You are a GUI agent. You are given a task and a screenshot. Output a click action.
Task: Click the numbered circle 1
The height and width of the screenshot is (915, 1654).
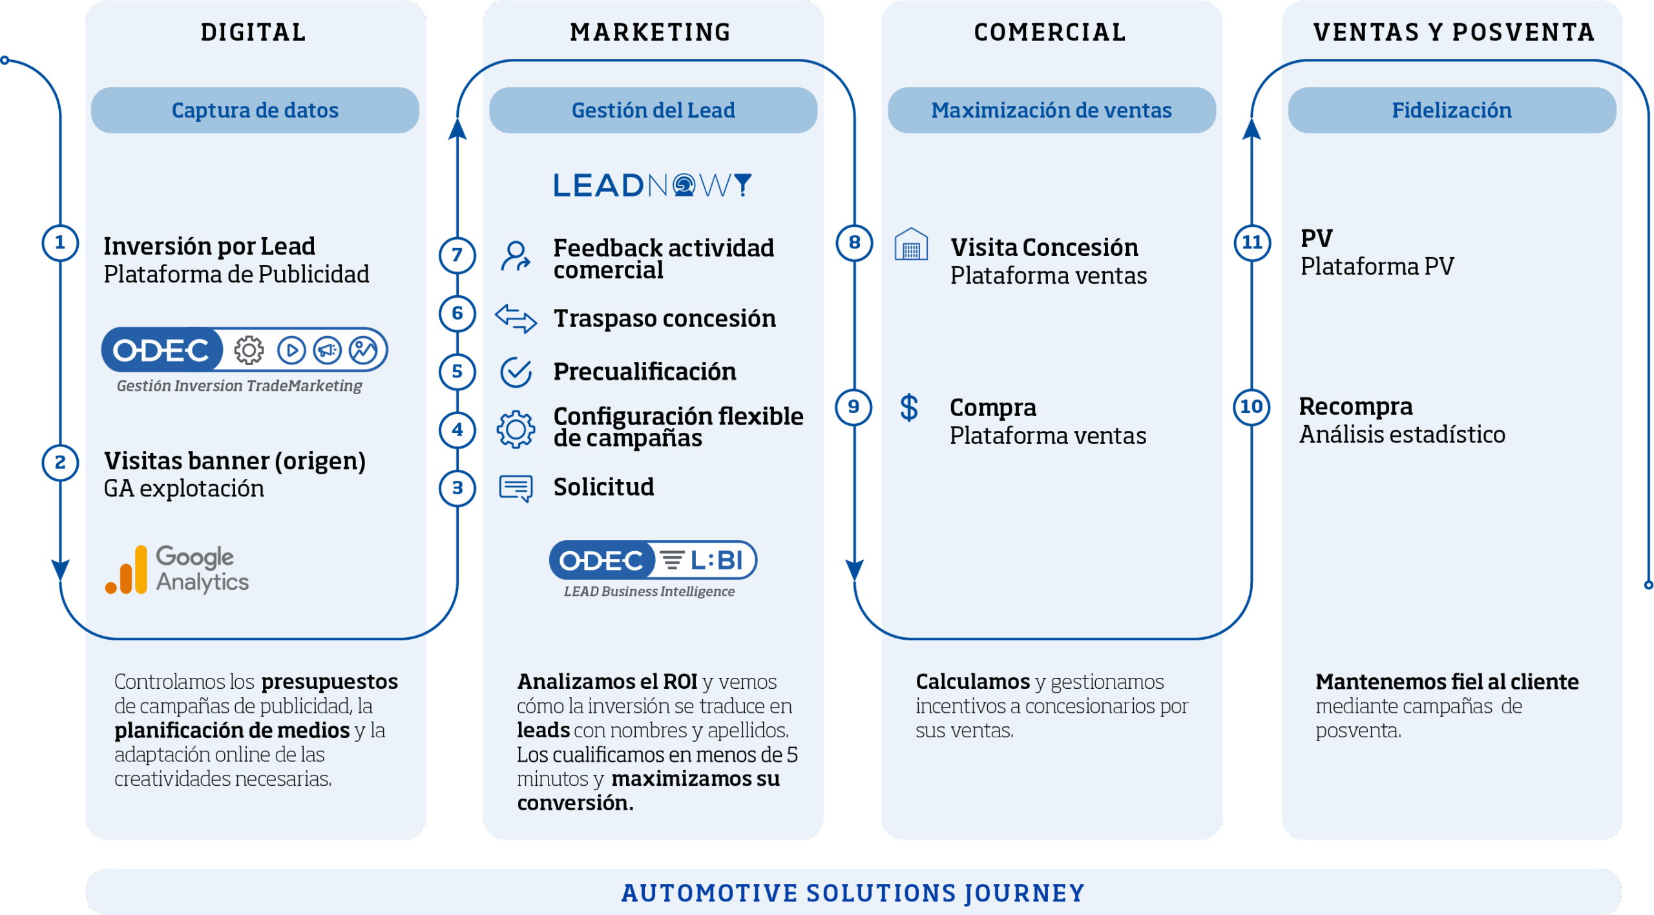point(60,243)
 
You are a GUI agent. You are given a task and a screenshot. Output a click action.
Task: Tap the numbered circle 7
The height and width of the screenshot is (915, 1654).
point(457,255)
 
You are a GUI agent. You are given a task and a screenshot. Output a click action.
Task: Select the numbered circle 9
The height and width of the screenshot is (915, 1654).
point(853,407)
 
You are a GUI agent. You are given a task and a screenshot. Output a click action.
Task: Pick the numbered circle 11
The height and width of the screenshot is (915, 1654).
point(1251,242)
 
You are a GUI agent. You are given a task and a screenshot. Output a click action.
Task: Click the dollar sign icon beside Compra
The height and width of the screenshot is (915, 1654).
point(909,408)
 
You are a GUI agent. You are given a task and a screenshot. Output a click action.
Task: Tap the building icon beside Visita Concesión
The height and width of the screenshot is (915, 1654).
point(911,244)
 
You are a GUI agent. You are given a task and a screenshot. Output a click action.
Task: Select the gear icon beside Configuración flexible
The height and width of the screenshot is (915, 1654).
point(516,429)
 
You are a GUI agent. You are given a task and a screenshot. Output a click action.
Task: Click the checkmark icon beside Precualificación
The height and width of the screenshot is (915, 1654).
point(516,372)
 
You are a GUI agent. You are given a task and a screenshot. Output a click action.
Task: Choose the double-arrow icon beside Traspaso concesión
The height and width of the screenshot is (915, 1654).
point(516,318)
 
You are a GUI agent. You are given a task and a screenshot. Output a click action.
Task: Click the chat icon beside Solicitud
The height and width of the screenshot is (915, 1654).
point(516,488)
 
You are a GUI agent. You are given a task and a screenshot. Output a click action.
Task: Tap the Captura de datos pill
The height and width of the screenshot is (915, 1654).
point(255,110)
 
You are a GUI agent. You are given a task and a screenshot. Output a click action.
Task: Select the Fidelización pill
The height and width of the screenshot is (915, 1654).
point(1451,110)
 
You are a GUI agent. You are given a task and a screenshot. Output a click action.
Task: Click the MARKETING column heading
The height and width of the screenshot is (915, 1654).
point(651,32)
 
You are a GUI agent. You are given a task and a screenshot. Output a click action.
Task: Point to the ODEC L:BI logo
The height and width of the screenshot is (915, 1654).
point(653,560)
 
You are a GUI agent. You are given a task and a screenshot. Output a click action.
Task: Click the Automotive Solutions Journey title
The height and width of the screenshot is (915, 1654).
point(853,893)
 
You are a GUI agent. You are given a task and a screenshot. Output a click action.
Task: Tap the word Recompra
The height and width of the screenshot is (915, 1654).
point(1356,406)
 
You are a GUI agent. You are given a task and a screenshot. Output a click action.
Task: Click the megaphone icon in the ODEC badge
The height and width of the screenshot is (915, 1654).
point(327,350)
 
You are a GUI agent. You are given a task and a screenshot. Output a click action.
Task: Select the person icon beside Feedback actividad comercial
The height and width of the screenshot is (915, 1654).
point(516,257)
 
